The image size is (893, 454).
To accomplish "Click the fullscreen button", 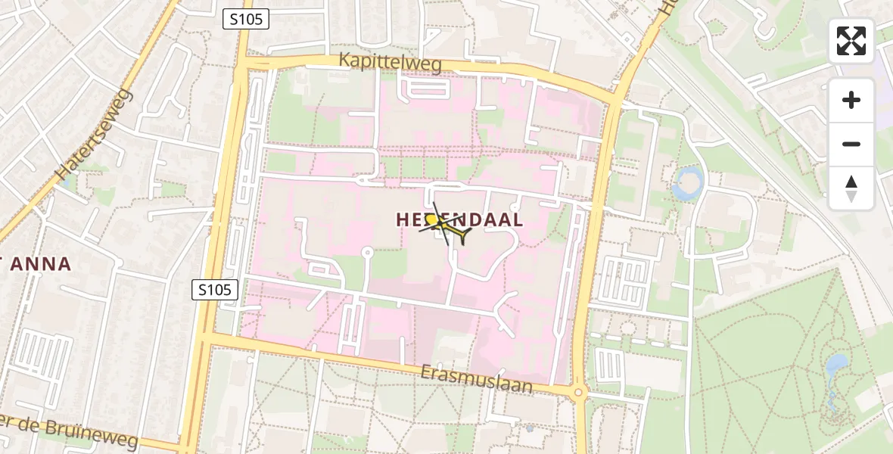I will (x=851, y=41).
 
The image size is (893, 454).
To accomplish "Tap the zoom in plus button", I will (x=851, y=100).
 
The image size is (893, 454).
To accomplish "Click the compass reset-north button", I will (x=851, y=188).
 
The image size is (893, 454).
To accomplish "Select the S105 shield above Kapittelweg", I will (x=246, y=20).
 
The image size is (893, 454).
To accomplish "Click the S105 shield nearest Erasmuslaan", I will (x=216, y=289).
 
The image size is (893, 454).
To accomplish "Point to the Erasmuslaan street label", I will (x=477, y=378).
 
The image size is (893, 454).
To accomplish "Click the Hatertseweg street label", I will (x=94, y=135).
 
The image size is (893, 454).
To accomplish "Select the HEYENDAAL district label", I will (x=459, y=219).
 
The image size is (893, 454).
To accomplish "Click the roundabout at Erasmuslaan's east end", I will (x=579, y=392).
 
